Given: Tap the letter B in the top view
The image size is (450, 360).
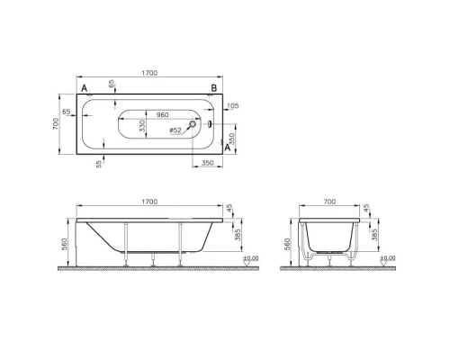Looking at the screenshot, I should pos(213,87).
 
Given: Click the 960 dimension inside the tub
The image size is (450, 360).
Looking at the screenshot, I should pos(163,115).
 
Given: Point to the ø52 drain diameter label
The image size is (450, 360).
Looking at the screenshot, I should pos(176,131).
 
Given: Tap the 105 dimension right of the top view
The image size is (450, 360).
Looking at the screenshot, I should pos(234,105).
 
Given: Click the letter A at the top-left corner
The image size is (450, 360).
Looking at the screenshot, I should pos(84,88).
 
